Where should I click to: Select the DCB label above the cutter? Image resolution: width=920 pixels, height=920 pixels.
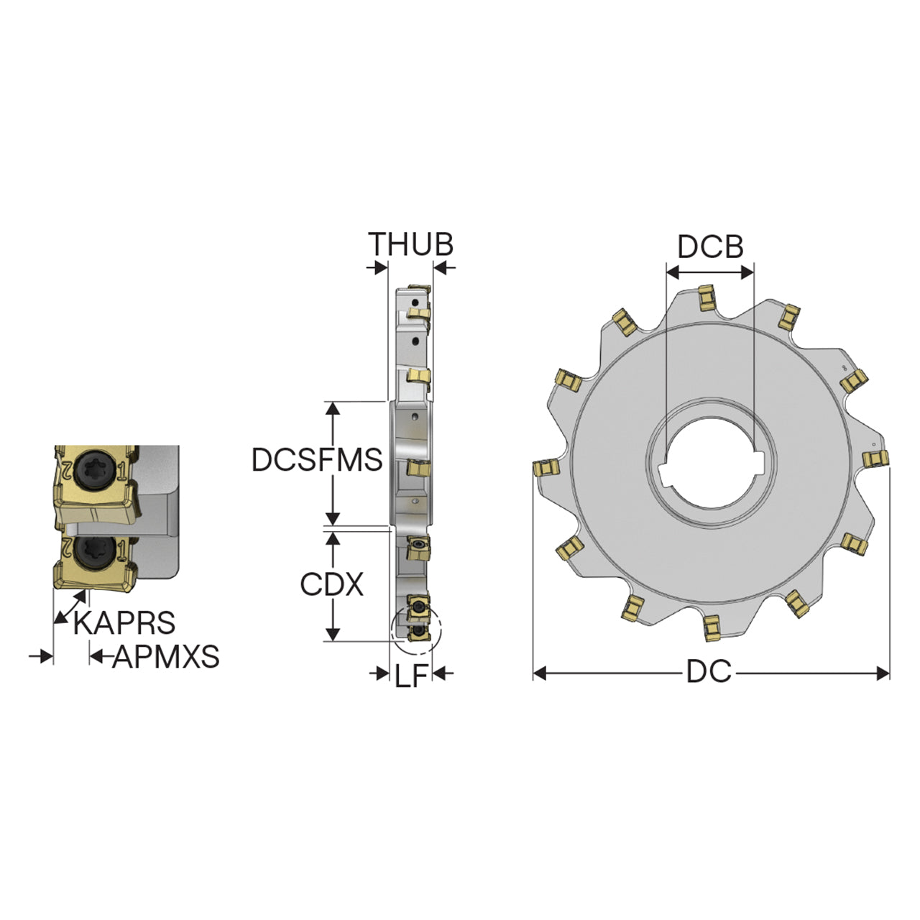pos(710,247)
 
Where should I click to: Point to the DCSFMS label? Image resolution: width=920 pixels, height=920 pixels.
pos(317,459)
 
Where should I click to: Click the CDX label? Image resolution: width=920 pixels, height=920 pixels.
pos(332,584)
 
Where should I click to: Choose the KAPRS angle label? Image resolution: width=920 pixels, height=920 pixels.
pos(124,622)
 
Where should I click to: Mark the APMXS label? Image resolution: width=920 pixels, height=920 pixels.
pos(165,656)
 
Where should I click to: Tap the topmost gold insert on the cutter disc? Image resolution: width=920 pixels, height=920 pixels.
pos(706,298)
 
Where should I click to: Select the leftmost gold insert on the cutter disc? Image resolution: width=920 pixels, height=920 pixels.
pos(546,467)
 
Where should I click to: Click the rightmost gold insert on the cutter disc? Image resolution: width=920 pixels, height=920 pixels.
pos(876,459)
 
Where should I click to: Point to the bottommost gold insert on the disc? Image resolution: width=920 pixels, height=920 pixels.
pos(712,628)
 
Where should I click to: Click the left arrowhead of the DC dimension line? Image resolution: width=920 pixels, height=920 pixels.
pos(540,673)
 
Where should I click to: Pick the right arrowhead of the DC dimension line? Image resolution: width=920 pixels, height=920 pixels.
pos(883,673)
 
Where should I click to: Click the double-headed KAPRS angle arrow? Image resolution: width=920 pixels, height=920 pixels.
pos(70,607)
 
